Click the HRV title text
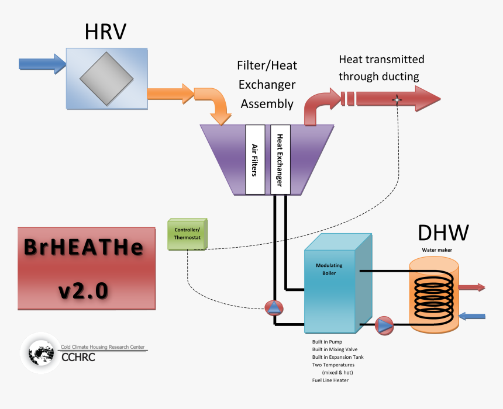point(106,32)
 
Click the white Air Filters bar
point(256,159)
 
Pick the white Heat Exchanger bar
point(280,159)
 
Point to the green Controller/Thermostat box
point(187,234)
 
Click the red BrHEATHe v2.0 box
point(87,268)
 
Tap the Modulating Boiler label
point(329,269)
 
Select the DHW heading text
point(443,233)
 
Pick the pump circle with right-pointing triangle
point(384,325)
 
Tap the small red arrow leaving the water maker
point(473,287)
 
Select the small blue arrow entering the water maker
point(473,316)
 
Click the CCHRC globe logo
point(41,353)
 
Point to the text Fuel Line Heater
point(330,380)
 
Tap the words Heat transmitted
point(381,60)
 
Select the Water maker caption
point(437,250)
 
